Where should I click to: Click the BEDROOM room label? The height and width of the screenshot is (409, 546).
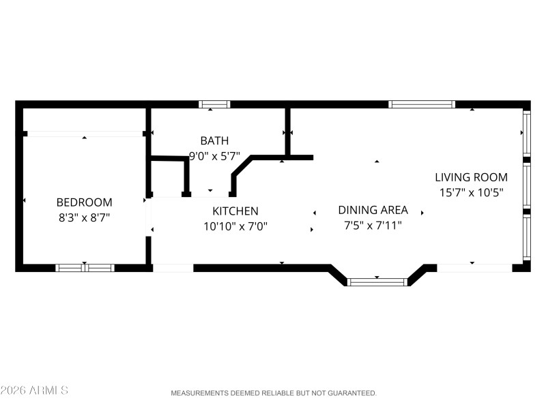click(x=84, y=202)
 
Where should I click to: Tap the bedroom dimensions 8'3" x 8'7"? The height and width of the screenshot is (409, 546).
click(x=84, y=218)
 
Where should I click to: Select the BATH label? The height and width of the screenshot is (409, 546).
click(x=214, y=141)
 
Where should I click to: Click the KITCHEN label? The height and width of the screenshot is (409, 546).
click(x=235, y=211)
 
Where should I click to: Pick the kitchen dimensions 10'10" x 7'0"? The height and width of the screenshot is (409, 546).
click(x=235, y=226)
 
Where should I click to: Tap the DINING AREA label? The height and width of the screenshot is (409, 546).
click(x=373, y=210)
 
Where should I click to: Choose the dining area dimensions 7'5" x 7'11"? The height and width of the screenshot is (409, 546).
click(x=373, y=225)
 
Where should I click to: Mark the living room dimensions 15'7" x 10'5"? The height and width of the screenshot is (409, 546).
click(x=471, y=193)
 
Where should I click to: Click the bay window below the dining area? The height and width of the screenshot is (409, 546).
click(x=377, y=281)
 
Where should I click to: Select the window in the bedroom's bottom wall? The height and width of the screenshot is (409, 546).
click(x=85, y=268)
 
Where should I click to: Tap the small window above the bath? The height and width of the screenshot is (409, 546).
click(x=214, y=104)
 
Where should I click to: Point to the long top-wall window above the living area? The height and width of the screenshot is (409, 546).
click(x=422, y=104)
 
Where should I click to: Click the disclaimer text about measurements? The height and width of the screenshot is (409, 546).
click(x=273, y=393)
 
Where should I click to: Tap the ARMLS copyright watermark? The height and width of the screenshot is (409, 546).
click(x=34, y=391)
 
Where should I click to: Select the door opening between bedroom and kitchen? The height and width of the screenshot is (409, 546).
click(x=148, y=217)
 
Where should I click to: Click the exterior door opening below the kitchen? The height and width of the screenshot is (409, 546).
click(x=173, y=268)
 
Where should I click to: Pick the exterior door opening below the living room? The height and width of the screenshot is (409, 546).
click(x=474, y=268)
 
